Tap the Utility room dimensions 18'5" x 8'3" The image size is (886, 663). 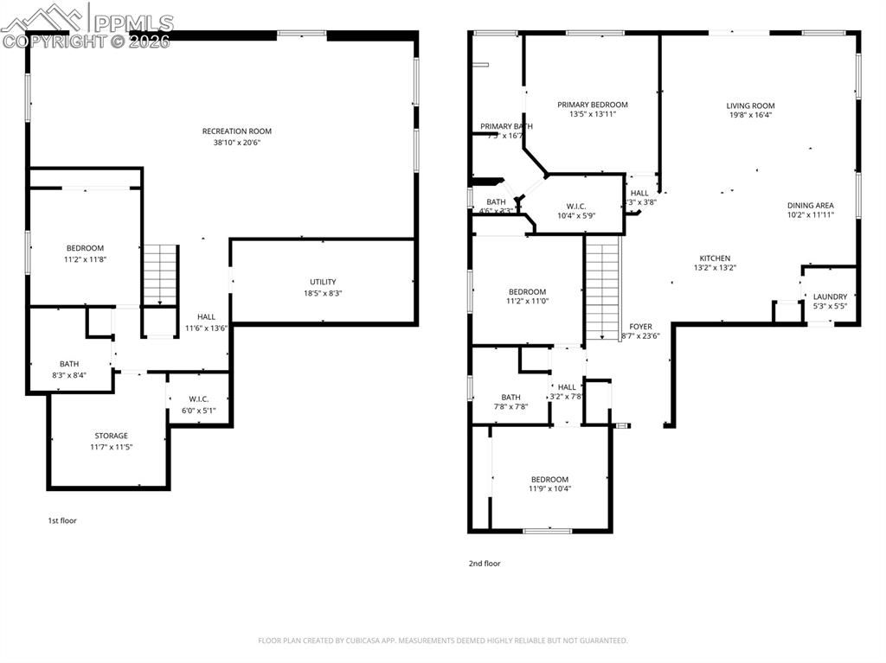(x=323, y=294)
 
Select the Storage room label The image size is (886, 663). (x=111, y=436)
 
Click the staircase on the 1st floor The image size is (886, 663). (x=159, y=274)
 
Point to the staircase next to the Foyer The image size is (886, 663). (x=603, y=290)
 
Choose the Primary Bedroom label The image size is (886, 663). (x=593, y=105)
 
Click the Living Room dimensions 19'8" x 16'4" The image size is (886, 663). (x=750, y=114)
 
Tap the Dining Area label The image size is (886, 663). (x=811, y=206)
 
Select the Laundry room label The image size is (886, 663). (x=830, y=296)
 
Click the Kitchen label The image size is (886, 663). (x=715, y=258)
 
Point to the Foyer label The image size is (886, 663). (x=640, y=327)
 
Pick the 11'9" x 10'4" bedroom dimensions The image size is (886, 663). (x=549, y=489)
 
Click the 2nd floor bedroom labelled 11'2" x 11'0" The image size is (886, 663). (x=527, y=292)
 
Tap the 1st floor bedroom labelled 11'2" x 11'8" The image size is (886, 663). (x=84, y=248)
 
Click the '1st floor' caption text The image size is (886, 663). (x=62, y=520)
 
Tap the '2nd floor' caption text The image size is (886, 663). (x=485, y=564)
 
